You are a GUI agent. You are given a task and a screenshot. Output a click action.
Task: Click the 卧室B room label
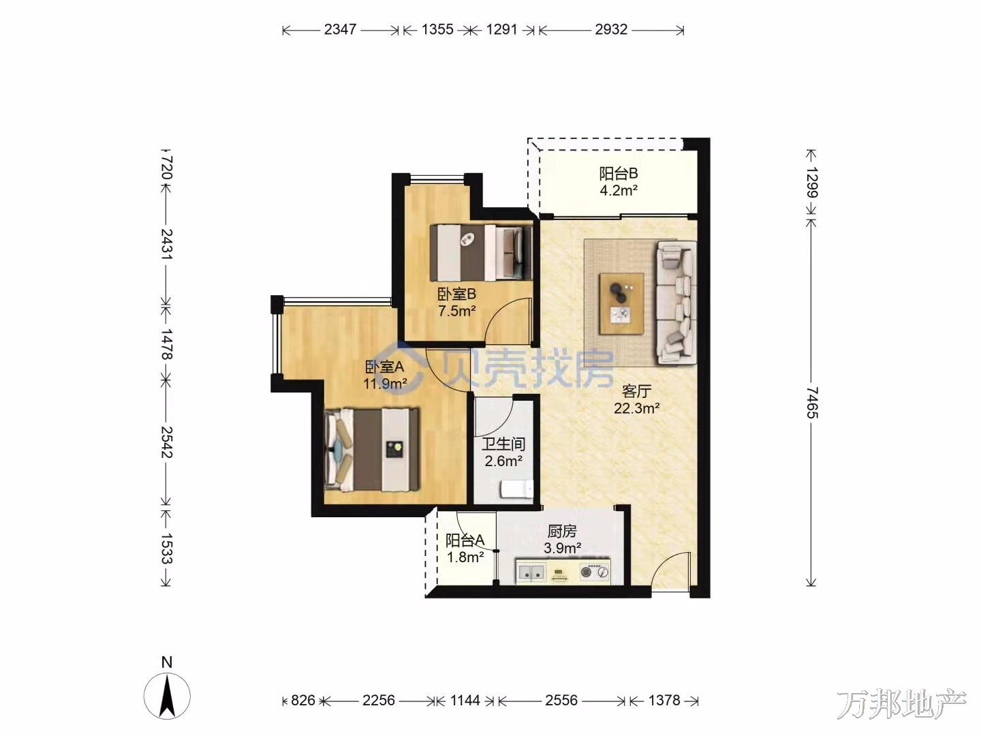(456, 294)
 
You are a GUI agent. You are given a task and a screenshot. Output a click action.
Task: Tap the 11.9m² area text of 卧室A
(385, 384)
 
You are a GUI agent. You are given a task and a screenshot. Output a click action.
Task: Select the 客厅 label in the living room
(636, 391)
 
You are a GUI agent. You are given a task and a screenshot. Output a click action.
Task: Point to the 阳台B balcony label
(619, 173)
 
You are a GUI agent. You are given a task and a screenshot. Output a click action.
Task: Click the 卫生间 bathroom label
(503, 444)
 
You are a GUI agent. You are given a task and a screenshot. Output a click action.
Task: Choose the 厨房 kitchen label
(562, 531)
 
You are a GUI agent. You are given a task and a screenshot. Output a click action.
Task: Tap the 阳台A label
(465, 540)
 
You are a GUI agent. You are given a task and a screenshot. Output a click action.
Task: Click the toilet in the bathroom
(516, 489)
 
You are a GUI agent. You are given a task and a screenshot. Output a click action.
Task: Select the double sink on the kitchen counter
(531, 572)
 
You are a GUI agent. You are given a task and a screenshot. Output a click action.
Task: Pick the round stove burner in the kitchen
(586, 572)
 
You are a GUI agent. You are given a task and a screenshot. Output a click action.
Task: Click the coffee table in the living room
(621, 303)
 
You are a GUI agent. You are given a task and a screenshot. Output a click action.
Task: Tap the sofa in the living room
(676, 303)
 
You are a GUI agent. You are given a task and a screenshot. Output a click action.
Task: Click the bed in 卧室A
(372, 449)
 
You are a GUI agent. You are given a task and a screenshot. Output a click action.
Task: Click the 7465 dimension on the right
(812, 403)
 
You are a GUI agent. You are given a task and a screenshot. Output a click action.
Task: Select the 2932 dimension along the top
(611, 29)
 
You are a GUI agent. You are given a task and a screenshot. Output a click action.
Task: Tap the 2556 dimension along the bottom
(561, 701)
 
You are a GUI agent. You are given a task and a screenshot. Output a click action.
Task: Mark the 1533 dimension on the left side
(166, 548)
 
